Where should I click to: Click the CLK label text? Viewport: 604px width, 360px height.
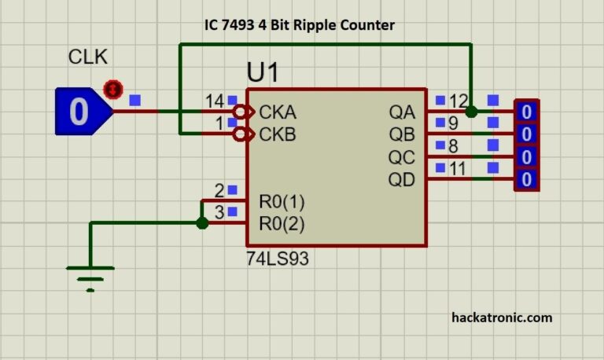pyautogui.click(x=87, y=58)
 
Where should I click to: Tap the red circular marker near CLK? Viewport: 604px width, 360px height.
pyautogui.click(x=114, y=89)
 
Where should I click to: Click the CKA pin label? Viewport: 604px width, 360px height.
pyautogui.click(x=278, y=112)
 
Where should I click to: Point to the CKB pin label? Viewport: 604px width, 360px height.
pyautogui.click(x=278, y=134)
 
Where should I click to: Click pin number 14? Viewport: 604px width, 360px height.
pyautogui.click(x=215, y=101)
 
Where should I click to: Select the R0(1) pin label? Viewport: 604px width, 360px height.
pyautogui.click(x=282, y=202)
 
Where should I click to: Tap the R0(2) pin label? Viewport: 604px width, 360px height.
pyautogui.click(x=282, y=224)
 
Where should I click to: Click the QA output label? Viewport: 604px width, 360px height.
pyautogui.click(x=401, y=112)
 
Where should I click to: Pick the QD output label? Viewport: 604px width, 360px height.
pyautogui.click(x=401, y=180)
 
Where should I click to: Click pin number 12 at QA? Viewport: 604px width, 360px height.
pyautogui.click(x=459, y=101)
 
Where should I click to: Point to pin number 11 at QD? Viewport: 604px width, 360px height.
pyautogui.click(x=458, y=168)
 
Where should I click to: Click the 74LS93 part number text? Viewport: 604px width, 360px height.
pyautogui.click(x=278, y=259)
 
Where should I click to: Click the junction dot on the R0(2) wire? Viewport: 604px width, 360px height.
pyautogui.click(x=202, y=223)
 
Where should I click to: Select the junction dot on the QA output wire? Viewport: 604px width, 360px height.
pyautogui.click(x=471, y=112)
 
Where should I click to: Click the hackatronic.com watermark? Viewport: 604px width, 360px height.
pyautogui.click(x=502, y=318)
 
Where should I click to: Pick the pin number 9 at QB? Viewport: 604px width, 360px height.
pyautogui.click(x=453, y=123)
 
